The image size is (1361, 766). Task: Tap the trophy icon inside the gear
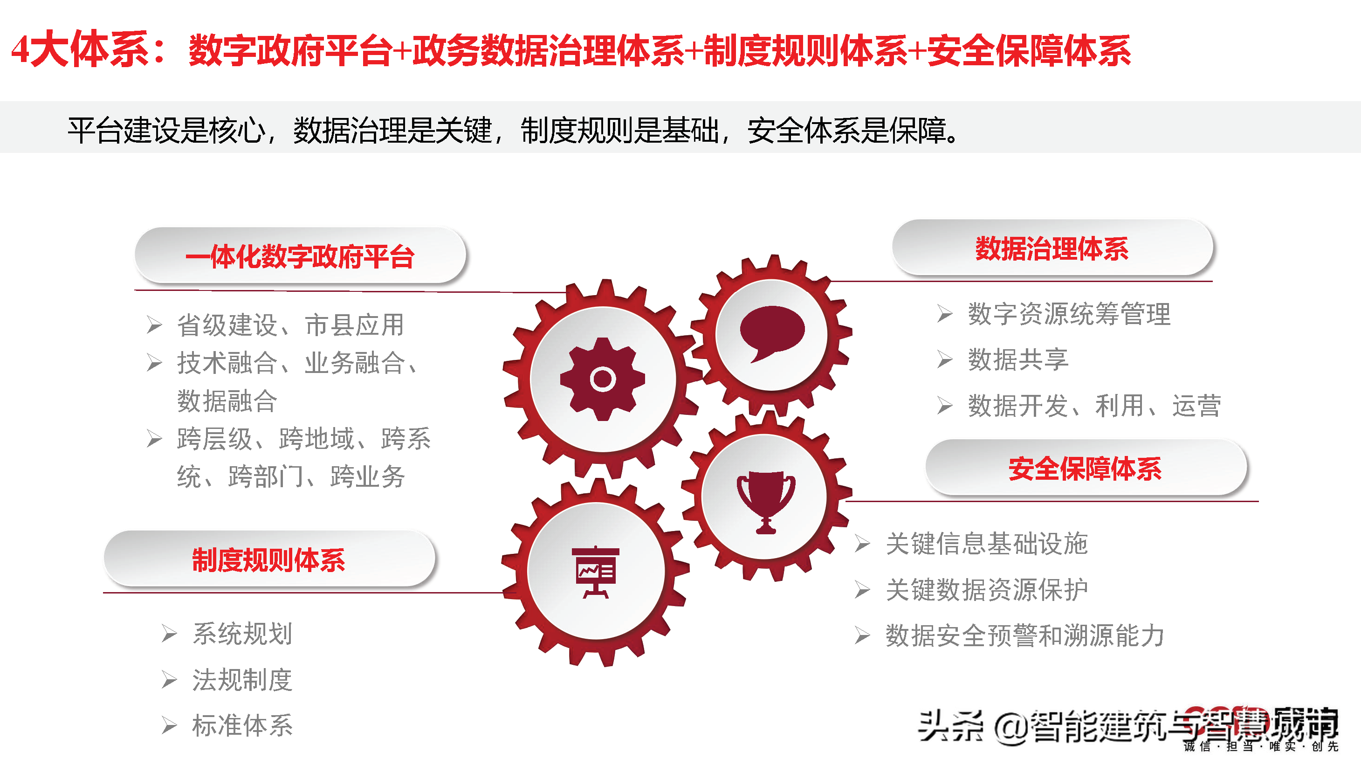(765, 501)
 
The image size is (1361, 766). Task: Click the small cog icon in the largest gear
(602, 379)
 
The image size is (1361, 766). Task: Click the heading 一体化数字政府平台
(300, 257)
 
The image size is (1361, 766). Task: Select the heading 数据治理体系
(1052, 248)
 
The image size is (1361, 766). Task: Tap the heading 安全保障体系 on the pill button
(1085, 469)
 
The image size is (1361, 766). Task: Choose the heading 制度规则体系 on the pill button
(268, 560)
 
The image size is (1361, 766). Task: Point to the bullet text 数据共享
(1017, 360)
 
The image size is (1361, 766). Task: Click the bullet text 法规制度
(242, 679)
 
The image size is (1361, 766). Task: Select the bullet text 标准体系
(242, 725)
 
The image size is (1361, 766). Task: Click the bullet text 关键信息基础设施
(986, 544)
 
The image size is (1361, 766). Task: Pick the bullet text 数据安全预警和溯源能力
(1024, 635)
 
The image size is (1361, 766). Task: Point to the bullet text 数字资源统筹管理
(1069, 314)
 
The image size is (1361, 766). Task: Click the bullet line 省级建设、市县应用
(290, 324)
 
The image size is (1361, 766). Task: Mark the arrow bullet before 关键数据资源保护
(862, 590)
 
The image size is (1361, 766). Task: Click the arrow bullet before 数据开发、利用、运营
(945, 406)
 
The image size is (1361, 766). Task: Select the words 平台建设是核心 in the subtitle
(166, 130)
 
